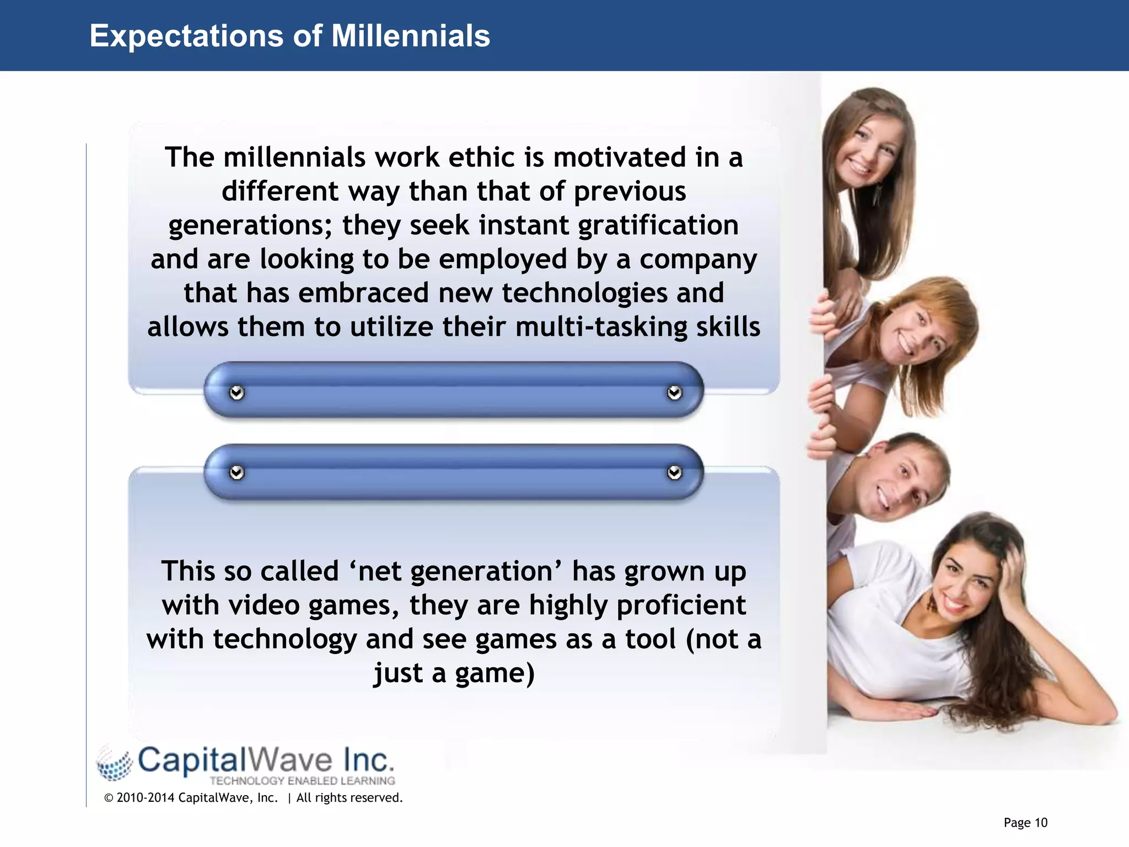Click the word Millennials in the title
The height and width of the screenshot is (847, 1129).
[x=410, y=36]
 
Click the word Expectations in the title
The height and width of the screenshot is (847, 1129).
[x=186, y=36]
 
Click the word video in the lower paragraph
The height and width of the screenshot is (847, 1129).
[x=264, y=605]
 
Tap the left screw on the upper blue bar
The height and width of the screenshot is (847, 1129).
[x=236, y=393]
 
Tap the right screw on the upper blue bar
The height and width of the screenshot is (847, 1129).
[x=674, y=393]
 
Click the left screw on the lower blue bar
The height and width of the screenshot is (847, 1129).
[x=236, y=473]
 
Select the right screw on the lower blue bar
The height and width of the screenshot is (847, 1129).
[x=674, y=473]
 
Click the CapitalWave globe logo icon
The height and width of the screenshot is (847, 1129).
[x=115, y=764]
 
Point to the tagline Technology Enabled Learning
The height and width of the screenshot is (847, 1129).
[x=302, y=781]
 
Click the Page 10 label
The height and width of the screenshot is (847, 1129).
[x=1025, y=823]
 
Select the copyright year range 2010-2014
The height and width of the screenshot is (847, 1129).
[x=146, y=798]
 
